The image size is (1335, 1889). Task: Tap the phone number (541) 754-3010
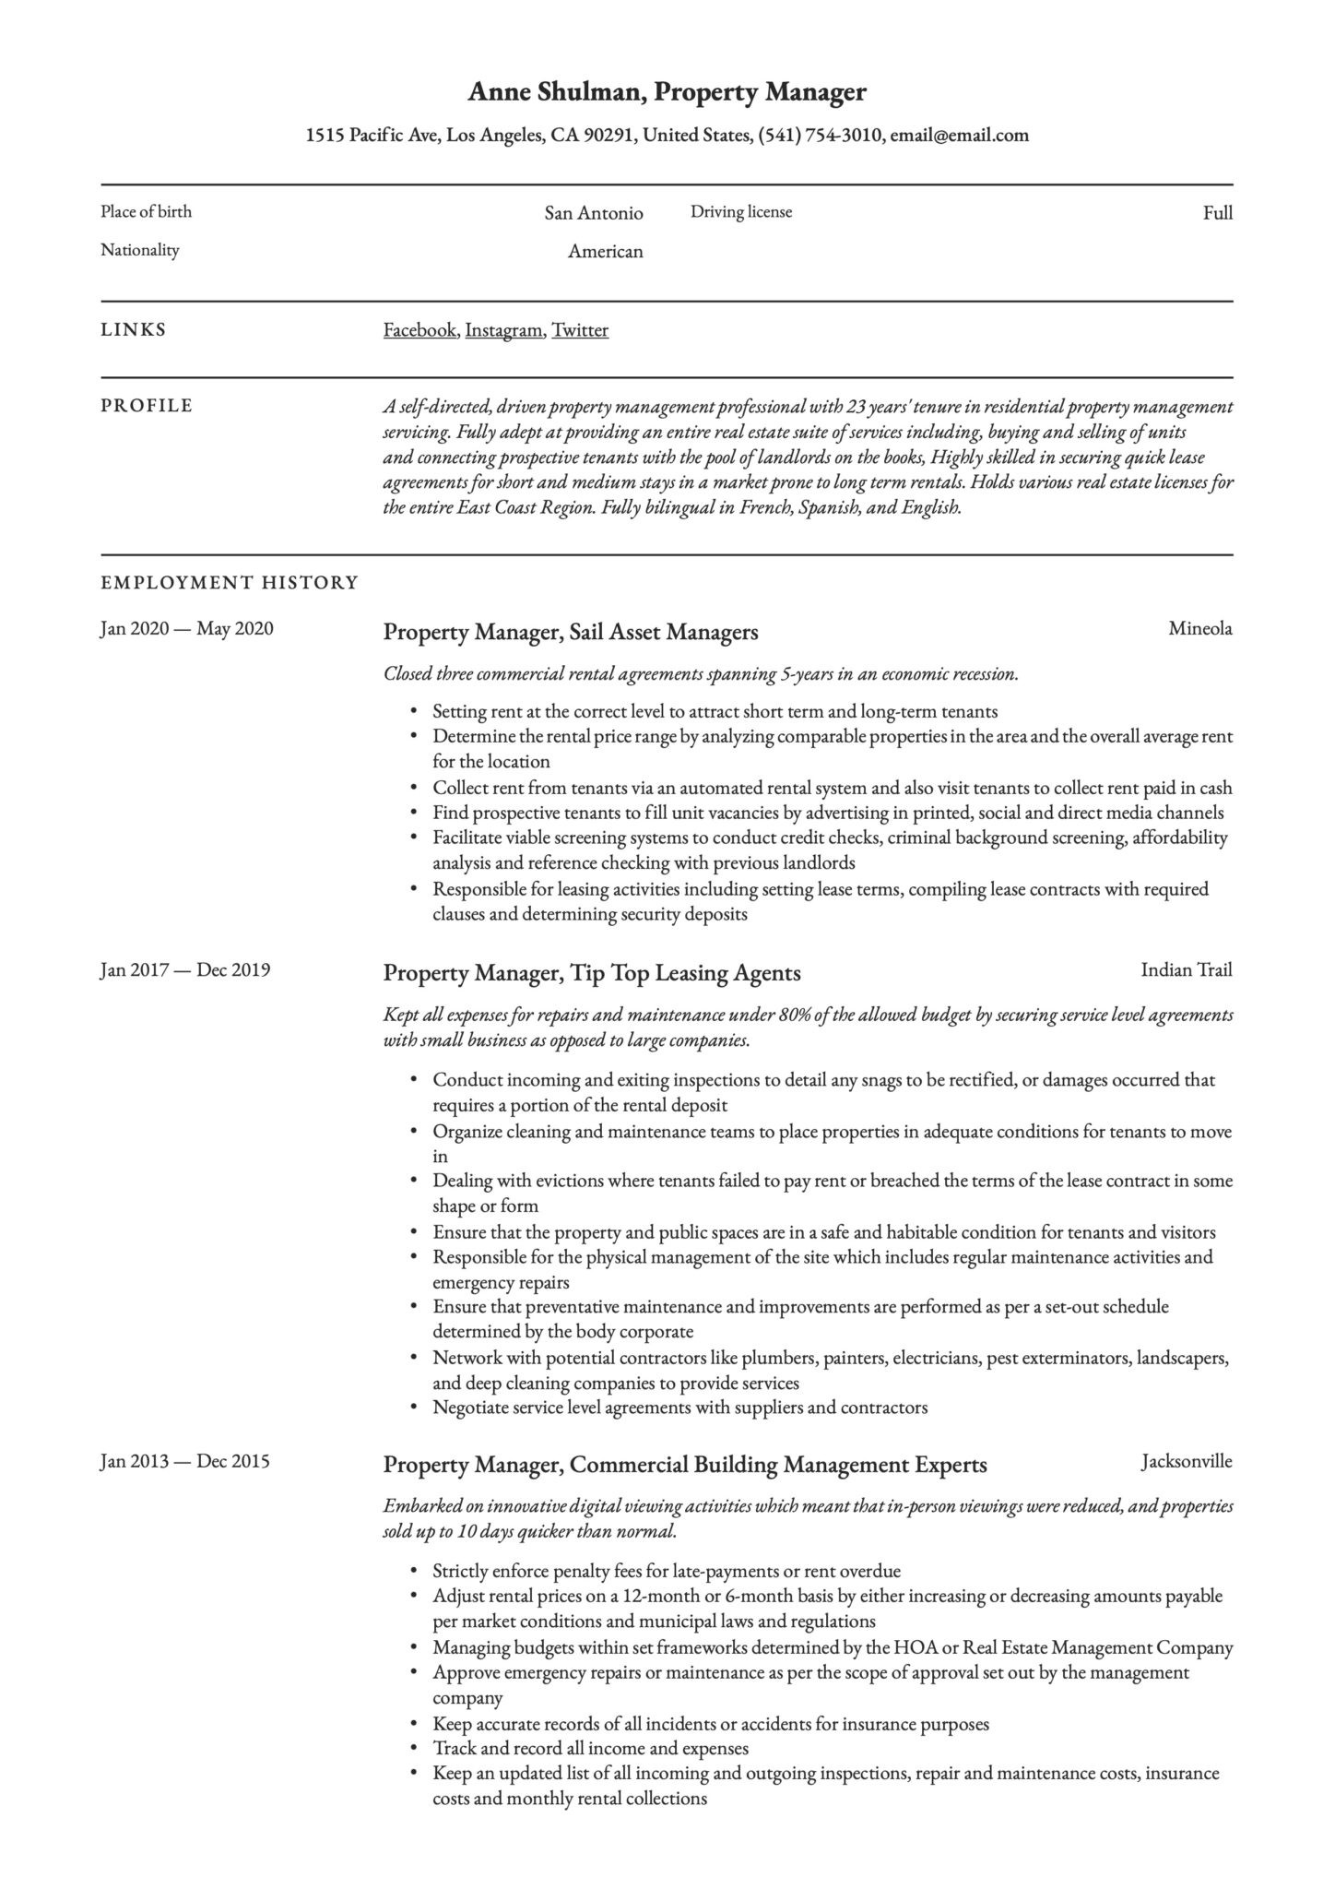coord(820,136)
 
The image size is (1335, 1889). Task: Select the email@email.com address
coord(959,136)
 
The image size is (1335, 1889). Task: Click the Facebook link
coord(419,330)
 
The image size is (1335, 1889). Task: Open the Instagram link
coord(503,330)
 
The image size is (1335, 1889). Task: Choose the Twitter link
coord(580,330)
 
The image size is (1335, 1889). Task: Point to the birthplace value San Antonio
coord(593,213)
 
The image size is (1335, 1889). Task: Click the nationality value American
coord(605,251)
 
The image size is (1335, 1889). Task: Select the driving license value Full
coord(1217,213)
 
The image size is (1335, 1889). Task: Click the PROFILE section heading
coord(147,406)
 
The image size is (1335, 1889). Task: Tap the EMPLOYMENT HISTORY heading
coord(229,583)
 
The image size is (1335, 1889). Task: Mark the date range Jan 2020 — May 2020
coord(186,629)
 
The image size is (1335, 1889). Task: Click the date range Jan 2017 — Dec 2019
coord(184,969)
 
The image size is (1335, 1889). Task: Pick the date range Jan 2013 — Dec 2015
coord(184,1461)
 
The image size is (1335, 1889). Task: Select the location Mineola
coord(1199,629)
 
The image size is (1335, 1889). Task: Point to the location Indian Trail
coord(1186,969)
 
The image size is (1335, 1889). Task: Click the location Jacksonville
coord(1186,1461)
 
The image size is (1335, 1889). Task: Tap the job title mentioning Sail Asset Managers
coord(570,633)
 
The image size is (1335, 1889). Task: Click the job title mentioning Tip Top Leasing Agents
coord(591,973)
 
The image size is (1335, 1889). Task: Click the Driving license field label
coord(740,212)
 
